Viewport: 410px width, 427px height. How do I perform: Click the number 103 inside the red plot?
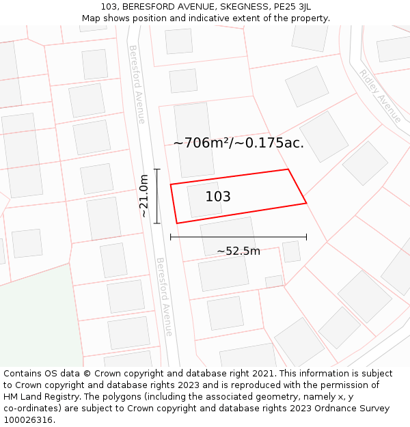click(218, 197)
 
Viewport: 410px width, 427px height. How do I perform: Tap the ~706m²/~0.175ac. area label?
click(238, 143)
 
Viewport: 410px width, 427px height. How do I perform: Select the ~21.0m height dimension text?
click(144, 196)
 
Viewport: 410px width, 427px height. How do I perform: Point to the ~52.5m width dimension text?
click(238, 251)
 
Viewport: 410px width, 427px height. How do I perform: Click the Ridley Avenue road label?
click(381, 96)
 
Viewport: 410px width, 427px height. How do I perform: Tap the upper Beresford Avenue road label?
click(137, 84)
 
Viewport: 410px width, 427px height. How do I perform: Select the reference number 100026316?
click(29, 420)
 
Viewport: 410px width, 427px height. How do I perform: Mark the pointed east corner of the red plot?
click(305, 203)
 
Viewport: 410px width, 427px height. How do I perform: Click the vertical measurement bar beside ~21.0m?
click(157, 196)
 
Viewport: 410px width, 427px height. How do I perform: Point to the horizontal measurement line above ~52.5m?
click(238, 237)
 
